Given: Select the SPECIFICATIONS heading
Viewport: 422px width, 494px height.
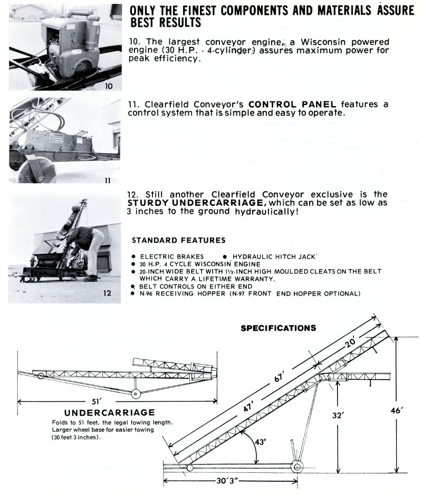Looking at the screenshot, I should tap(279, 328).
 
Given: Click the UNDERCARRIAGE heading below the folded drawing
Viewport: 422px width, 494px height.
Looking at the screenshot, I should tap(109, 412).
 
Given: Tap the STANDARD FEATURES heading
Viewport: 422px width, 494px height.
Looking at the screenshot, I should tap(178, 240).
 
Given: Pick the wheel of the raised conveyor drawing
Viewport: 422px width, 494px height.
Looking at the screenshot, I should tap(297, 467).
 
